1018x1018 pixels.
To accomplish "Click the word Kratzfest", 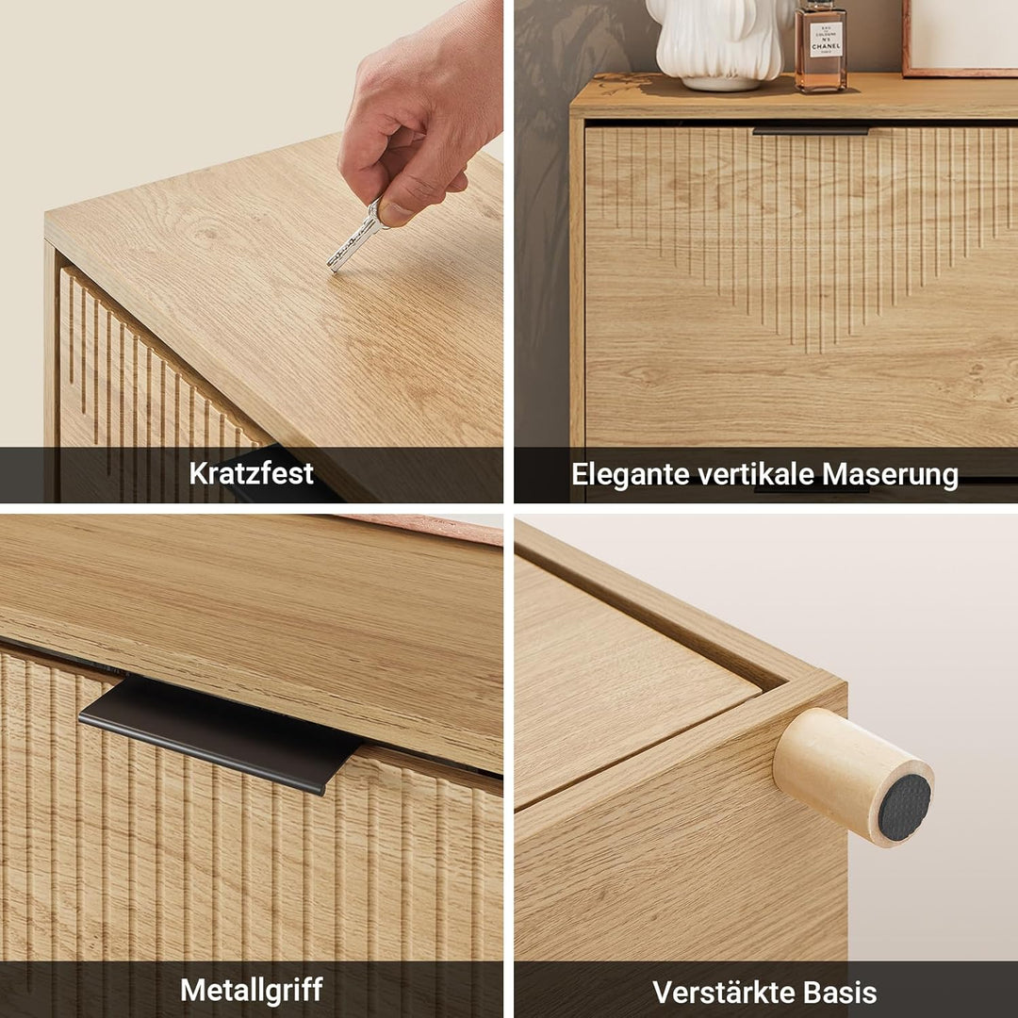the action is [252, 472].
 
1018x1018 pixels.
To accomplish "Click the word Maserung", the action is [890, 474].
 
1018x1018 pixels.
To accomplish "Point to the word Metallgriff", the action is [252, 990].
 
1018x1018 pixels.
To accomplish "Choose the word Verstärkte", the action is [723, 992].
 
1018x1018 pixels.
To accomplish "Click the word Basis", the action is [840, 992].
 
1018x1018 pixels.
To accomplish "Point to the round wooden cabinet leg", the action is [853, 778].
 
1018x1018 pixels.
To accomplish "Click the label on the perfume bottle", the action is [826, 41].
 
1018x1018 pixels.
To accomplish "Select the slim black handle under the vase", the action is [811, 131].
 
